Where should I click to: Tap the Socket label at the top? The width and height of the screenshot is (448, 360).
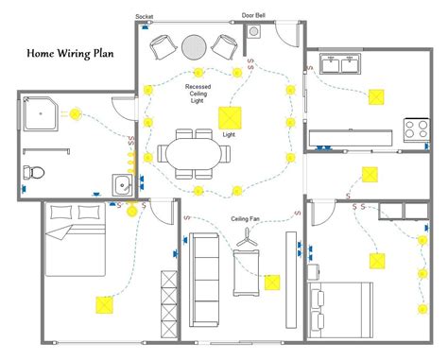coord(145,17)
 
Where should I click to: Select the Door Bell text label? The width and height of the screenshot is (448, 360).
coord(253,16)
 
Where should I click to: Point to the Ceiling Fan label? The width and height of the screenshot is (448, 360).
coord(247,219)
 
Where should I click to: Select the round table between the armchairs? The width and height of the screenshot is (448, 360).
coord(194,46)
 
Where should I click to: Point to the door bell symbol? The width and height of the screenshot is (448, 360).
coord(254,31)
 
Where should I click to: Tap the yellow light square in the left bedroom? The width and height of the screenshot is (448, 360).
coord(102,304)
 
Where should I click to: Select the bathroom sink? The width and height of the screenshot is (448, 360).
coord(123,182)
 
